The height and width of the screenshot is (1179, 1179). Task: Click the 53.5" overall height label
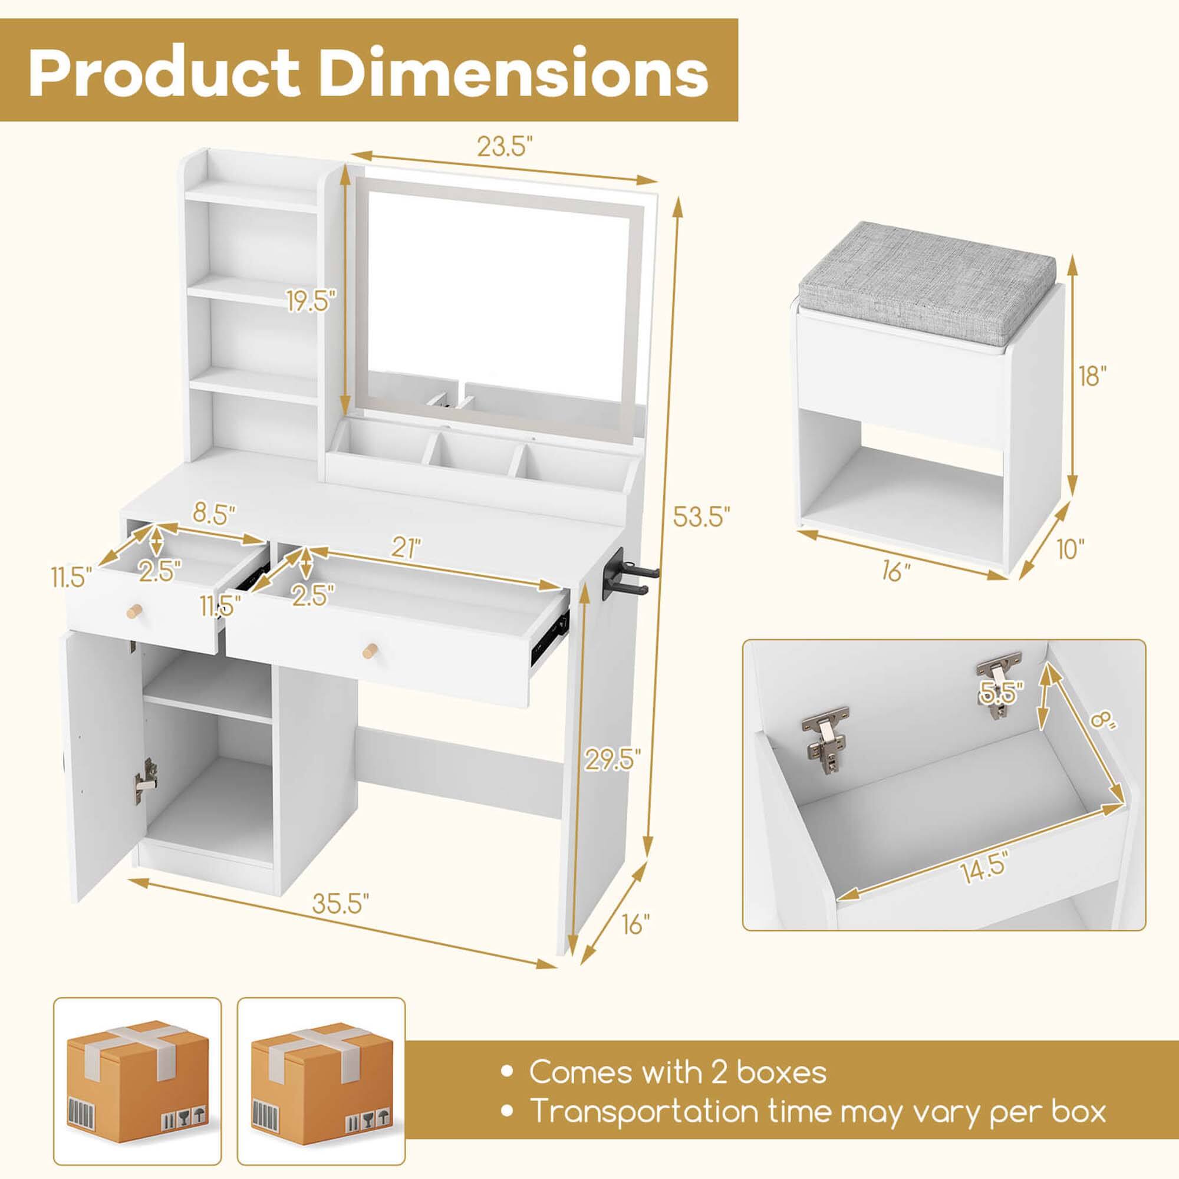coord(701,517)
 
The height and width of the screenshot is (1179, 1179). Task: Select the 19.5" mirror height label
coord(312,301)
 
